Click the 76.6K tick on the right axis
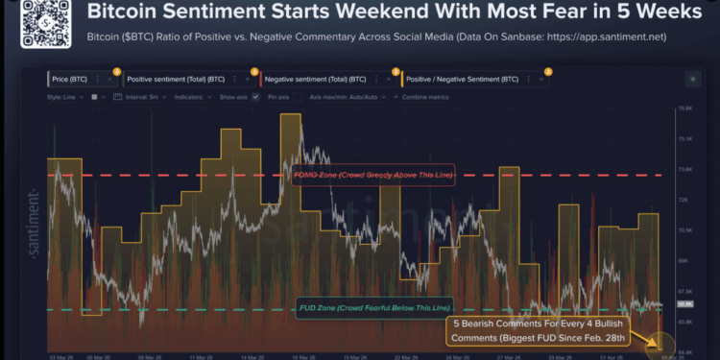684,108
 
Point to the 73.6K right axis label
684,169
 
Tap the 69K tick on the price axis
684,260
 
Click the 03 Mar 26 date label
58,353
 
